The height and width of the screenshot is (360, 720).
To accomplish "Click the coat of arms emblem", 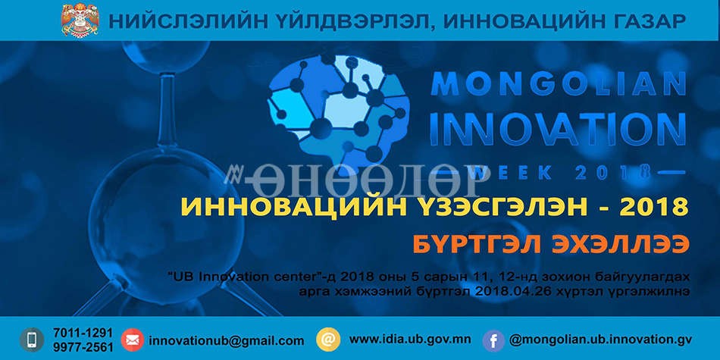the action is (x=80, y=20).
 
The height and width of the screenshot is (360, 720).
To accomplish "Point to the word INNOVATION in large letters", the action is (x=558, y=129).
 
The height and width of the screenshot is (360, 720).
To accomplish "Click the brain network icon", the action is (x=338, y=109).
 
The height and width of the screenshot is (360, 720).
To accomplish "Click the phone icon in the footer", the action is (x=32, y=340).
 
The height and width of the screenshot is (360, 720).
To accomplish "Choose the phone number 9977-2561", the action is (x=83, y=347).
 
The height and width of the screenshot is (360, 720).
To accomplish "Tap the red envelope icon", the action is (x=132, y=340).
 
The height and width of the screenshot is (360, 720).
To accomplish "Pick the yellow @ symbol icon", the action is (x=328, y=340).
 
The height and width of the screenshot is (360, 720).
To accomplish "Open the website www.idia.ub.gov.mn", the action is (x=410, y=340).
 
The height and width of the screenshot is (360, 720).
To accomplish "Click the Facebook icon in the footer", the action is (x=494, y=341).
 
